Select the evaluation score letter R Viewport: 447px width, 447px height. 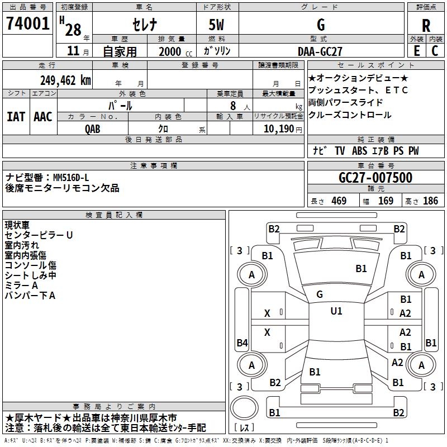tap(426, 25)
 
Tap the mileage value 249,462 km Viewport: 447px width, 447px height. tap(65, 80)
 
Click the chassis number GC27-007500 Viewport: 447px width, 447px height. tap(375, 178)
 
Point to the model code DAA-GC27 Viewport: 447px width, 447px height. tap(320, 51)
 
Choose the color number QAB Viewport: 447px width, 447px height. tap(93, 129)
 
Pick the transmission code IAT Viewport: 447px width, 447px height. tap(16, 116)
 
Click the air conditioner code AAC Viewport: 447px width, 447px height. tap(42, 116)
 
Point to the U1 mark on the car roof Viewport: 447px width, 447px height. tap(336, 311)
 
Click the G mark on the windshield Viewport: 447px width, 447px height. tap(320, 294)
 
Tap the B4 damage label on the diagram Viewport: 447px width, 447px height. tap(242, 343)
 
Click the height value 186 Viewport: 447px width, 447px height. tap(430, 201)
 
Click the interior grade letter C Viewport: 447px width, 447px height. tap(435, 51)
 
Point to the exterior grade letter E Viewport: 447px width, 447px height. tap(416, 51)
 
